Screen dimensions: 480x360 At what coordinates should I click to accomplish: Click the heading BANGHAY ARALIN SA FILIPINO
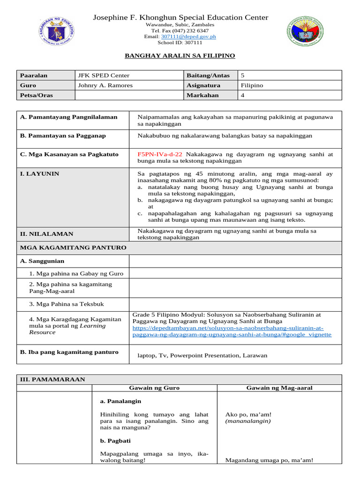click(180, 56)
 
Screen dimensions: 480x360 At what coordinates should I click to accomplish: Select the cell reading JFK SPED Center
click(104, 75)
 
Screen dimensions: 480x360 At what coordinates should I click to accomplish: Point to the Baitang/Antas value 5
click(242, 75)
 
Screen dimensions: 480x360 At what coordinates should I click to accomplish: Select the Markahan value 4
click(242, 95)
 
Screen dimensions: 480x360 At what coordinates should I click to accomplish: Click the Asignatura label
click(203, 85)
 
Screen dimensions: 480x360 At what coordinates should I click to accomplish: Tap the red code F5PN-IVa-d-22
click(160, 154)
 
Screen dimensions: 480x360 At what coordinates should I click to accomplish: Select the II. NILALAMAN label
click(46, 234)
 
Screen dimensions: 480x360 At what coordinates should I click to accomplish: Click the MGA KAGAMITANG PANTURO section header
click(73, 247)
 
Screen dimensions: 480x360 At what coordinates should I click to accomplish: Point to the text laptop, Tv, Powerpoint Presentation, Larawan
click(202, 355)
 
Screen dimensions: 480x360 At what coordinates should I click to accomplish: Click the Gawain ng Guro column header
click(154, 388)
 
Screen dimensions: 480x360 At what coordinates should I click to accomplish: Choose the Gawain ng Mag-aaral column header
click(279, 388)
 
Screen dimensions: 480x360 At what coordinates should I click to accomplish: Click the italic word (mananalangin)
click(247, 421)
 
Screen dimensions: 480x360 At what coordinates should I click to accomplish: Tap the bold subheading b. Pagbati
click(115, 441)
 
